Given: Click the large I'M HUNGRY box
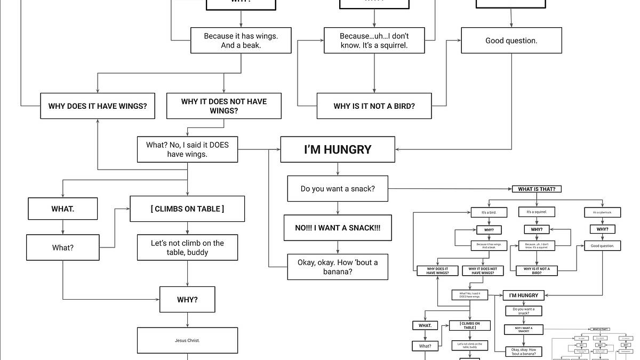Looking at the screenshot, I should (338, 149).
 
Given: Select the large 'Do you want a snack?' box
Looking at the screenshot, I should (338, 189).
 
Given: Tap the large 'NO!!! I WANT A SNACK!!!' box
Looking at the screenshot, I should (338, 228).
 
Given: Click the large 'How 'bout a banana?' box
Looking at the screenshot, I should (338, 267).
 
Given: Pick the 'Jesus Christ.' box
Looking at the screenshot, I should (187, 340).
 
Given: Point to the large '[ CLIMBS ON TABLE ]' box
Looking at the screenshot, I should (187, 209).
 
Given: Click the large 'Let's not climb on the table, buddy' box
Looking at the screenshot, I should (187, 247).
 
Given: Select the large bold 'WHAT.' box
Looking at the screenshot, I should (63, 209).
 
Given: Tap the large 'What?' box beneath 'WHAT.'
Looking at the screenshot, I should (63, 247).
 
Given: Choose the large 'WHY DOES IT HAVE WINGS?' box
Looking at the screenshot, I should (98, 106).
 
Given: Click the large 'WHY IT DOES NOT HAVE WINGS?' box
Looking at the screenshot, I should (224, 106).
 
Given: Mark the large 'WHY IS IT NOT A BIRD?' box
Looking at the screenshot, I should (374, 106).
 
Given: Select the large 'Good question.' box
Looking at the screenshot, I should (511, 41).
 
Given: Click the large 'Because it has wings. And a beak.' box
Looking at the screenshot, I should (241, 41).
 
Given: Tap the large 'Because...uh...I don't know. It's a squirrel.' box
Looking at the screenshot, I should (374, 41).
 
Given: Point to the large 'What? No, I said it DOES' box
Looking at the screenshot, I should (187, 149).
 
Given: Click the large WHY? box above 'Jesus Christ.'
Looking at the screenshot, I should (187, 300).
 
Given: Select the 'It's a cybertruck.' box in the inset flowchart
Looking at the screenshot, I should (602, 212).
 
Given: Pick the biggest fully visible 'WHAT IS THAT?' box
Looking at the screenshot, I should (537, 189).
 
